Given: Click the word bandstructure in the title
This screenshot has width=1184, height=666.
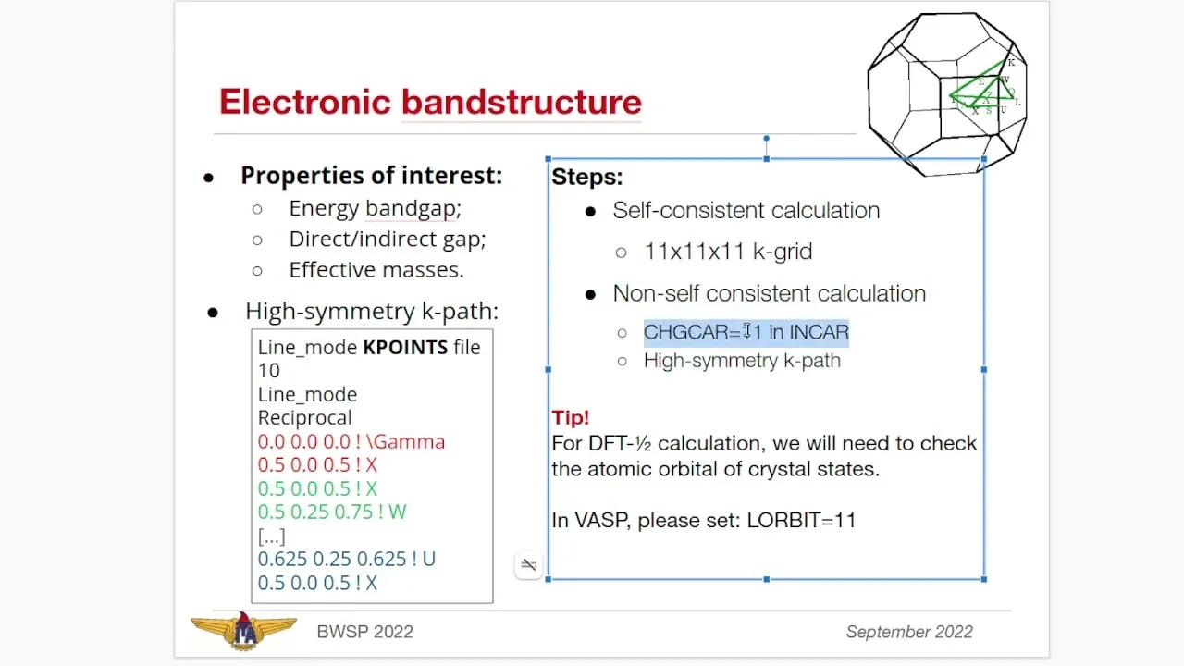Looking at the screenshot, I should [521, 102].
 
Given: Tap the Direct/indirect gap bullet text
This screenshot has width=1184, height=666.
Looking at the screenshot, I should [387, 240].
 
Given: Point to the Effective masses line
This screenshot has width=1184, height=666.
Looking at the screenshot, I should [376, 270].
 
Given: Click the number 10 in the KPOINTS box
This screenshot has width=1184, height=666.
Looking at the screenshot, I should [269, 371].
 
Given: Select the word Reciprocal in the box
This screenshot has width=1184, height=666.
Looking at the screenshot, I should [304, 417].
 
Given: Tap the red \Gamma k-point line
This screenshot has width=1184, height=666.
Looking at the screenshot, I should [351, 441].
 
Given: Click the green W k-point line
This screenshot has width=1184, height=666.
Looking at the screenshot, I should [331, 512].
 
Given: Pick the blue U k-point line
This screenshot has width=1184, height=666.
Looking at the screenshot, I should [346, 559].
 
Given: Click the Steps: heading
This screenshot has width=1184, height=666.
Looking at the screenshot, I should [587, 177].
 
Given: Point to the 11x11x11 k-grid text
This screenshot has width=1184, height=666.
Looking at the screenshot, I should [728, 252].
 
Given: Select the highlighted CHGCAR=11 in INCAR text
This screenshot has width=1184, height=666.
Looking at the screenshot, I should [746, 332].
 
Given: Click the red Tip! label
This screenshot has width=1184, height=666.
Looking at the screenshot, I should [570, 417].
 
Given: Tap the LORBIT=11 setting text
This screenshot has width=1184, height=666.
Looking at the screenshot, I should [801, 520].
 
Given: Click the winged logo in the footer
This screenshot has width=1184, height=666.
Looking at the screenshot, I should [243, 630].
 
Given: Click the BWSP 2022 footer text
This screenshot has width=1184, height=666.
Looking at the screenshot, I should [364, 632].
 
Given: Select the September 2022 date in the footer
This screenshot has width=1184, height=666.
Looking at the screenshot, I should [908, 632].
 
